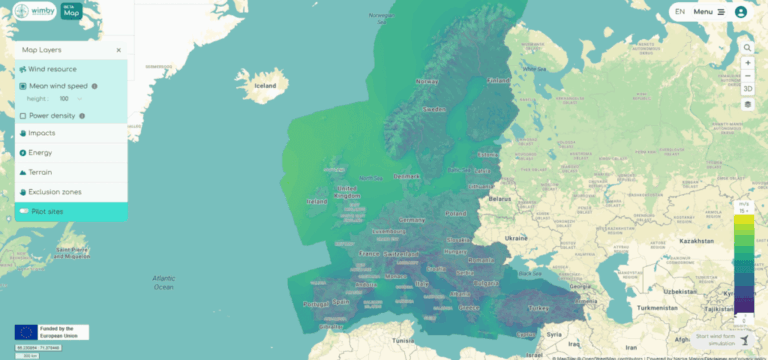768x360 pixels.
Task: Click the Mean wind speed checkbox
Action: point(23,86)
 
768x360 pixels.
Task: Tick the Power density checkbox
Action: point(23,116)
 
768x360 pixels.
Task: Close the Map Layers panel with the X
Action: point(118,49)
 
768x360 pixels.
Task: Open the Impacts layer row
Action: point(42,133)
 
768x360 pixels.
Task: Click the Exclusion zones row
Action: point(55,191)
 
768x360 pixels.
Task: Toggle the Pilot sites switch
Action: point(22,212)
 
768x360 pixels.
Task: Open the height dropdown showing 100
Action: point(70,99)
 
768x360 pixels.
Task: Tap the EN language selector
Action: point(680,12)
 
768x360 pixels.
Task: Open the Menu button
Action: point(709,12)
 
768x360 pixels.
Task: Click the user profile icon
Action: point(741,12)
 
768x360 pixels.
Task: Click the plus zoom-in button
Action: point(748,63)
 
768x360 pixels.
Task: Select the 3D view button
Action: point(748,89)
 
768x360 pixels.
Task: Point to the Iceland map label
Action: point(264,86)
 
